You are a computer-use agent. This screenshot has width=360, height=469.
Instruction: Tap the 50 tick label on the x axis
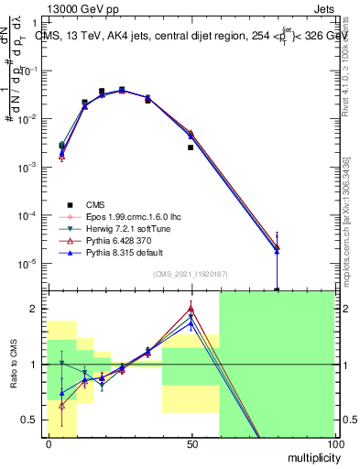(x=191, y=443)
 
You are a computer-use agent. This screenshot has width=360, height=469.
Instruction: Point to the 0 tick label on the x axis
(x=48, y=443)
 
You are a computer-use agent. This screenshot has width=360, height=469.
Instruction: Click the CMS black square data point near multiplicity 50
(x=191, y=147)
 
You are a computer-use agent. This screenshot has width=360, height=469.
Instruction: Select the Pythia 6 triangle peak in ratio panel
(x=191, y=309)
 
